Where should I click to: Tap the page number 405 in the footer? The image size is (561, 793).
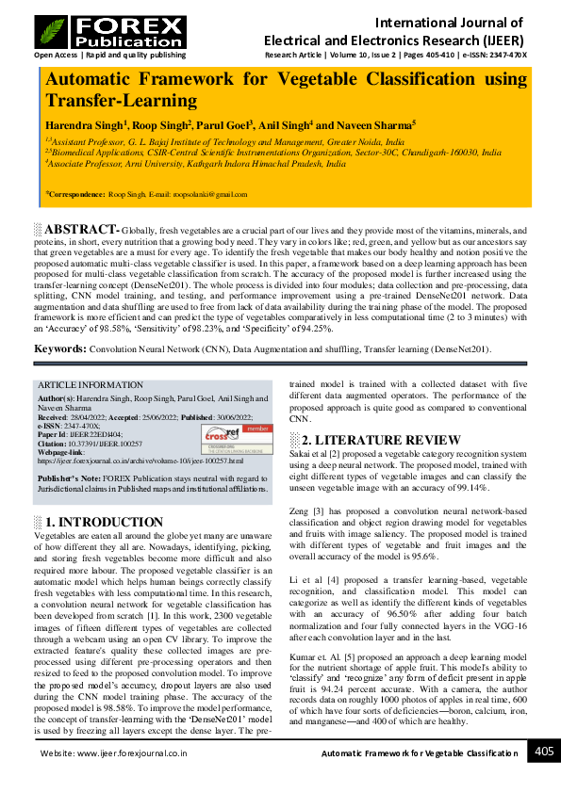[544, 751]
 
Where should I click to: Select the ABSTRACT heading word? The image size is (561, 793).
[81, 230]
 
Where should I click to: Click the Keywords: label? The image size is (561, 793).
[60, 348]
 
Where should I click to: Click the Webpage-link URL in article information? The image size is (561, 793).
[140, 461]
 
